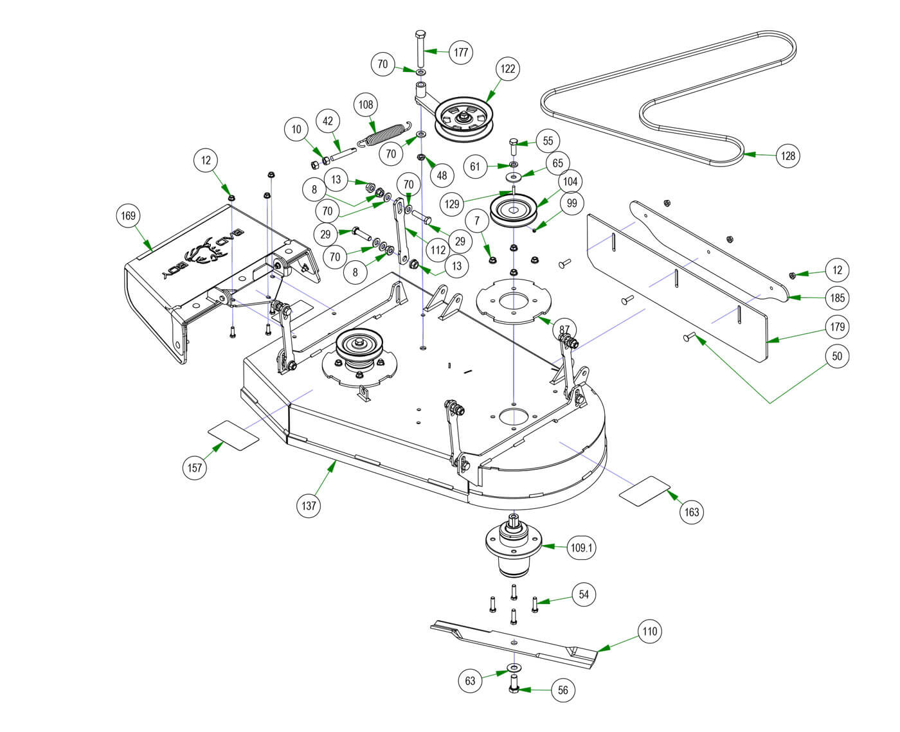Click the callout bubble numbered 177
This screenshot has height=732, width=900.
point(461,52)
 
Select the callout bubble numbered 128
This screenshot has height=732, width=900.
point(788,156)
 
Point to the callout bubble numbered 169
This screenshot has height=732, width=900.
point(129,216)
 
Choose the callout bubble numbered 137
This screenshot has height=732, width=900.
point(309,506)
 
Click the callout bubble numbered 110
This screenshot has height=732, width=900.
point(650,632)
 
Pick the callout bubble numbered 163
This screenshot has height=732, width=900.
point(692,512)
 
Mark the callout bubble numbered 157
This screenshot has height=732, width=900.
point(195,467)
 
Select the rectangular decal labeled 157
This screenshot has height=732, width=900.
point(233,435)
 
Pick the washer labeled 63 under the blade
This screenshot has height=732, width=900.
point(514,666)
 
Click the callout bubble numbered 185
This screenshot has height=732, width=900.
point(838,298)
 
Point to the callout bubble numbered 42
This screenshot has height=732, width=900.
point(328,121)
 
